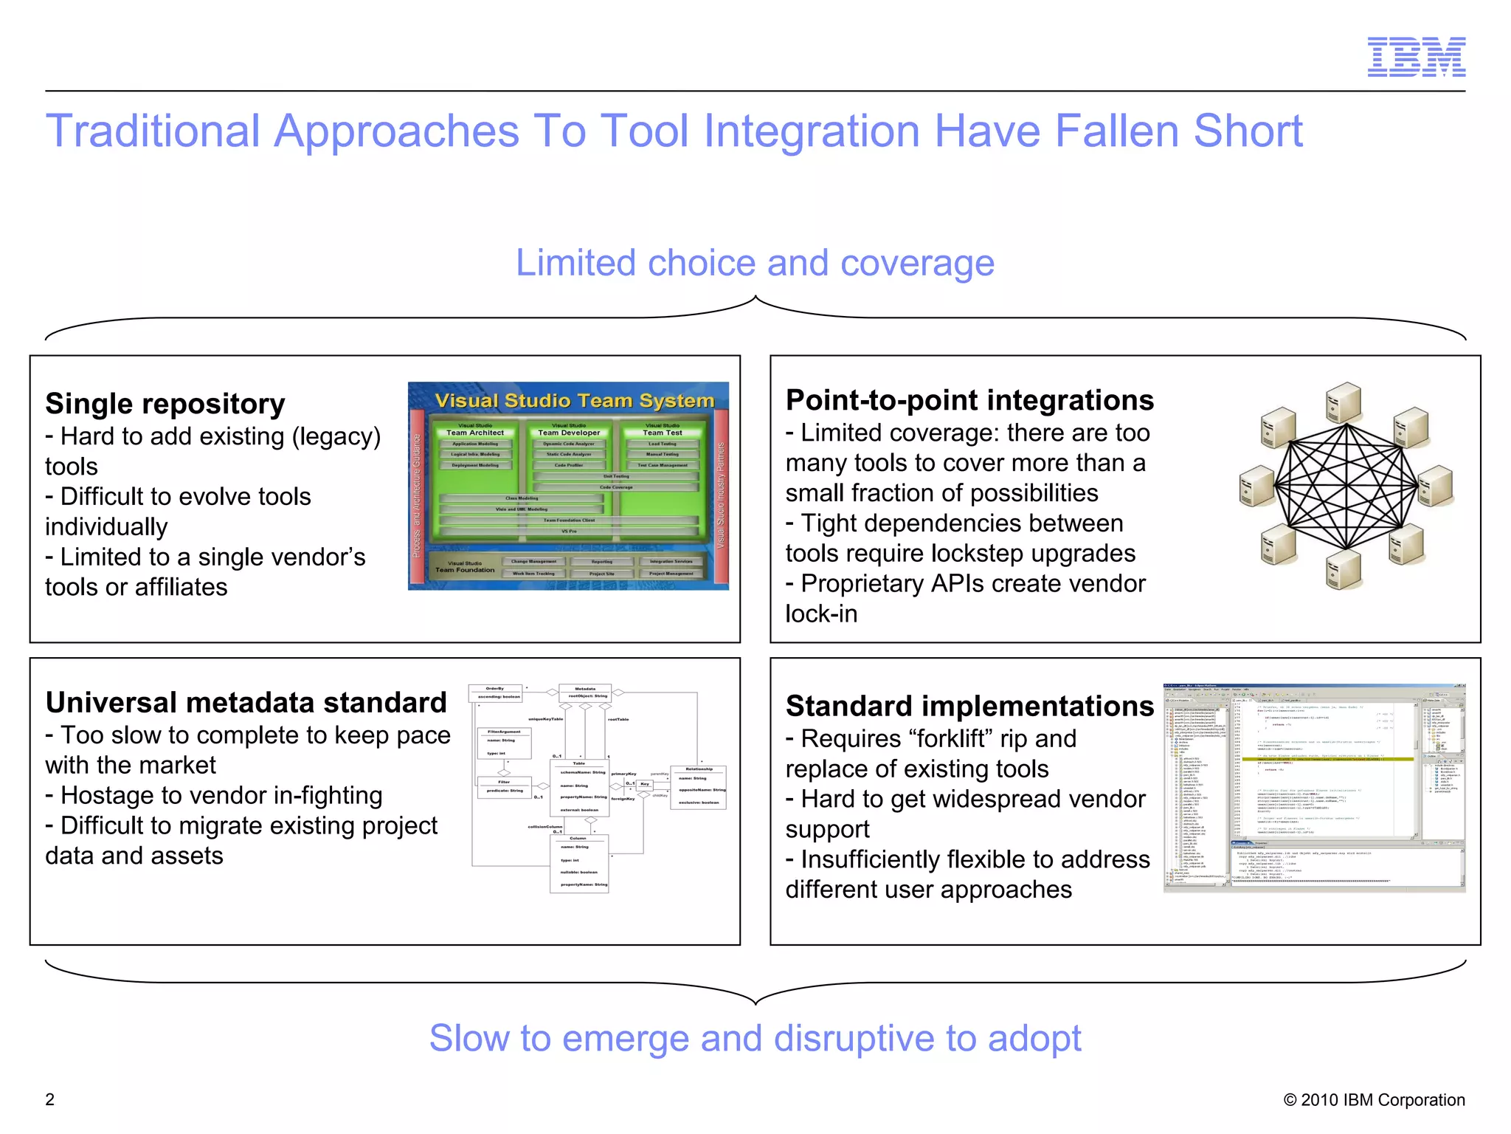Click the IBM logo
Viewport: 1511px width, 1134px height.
coord(1416,57)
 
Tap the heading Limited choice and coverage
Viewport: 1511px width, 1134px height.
coord(755,263)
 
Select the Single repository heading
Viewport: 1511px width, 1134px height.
coord(165,404)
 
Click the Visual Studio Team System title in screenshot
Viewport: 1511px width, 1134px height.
coord(574,401)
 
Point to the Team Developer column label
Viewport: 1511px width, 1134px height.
coord(569,433)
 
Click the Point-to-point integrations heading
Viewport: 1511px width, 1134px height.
coord(969,400)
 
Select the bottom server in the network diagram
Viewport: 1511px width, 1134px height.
coord(1344,570)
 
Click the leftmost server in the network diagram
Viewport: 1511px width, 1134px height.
coord(1256,487)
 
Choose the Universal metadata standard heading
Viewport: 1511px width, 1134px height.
coord(246,703)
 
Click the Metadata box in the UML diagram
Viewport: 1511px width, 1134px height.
coord(585,693)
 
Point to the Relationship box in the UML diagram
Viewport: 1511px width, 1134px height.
coord(698,788)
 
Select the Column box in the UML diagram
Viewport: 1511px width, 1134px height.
coord(579,864)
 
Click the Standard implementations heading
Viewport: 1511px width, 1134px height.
coord(969,707)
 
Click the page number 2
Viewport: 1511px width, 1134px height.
coord(50,1099)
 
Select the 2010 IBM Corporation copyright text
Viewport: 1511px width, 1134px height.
coord(1374,1100)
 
